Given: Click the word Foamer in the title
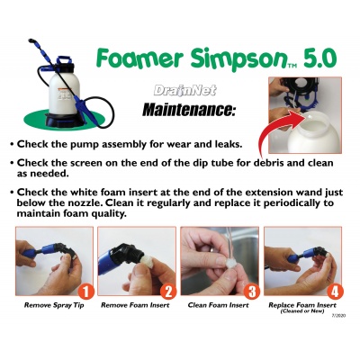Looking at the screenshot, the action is (x=139, y=58).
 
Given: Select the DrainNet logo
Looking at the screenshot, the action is (x=184, y=90).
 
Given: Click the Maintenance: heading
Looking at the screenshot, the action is (x=187, y=110).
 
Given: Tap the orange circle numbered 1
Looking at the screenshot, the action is (x=86, y=292).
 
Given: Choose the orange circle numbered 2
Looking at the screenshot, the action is (x=168, y=292).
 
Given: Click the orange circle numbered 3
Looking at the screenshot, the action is (x=251, y=292).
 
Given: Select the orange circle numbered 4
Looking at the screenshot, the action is (x=335, y=292).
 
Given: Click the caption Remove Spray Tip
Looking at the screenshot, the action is (x=54, y=306).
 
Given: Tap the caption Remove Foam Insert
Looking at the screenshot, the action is (x=135, y=305).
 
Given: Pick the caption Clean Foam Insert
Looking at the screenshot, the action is (x=218, y=305).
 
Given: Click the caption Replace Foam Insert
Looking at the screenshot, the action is (x=302, y=305).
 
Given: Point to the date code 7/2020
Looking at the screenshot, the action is (x=339, y=316).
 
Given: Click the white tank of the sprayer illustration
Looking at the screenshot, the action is (x=63, y=92).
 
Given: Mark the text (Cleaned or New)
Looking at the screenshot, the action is (x=302, y=311).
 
